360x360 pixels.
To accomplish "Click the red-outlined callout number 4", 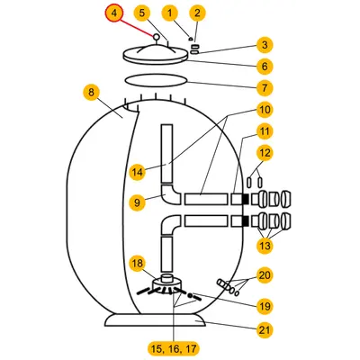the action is pyautogui.click(x=114, y=13).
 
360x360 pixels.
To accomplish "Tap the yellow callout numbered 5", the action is pyautogui.click(x=142, y=13).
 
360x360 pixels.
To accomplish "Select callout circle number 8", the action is pyautogui.click(x=91, y=93).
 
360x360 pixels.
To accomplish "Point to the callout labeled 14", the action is pyautogui.click(x=138, y=172).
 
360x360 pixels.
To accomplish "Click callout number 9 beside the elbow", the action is pyautogui.click(x=137, y=202).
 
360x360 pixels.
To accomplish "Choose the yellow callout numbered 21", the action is pyautogui.click(x=265, y=329).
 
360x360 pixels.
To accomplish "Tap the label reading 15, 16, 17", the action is pyautogui.click(x=174, y=348).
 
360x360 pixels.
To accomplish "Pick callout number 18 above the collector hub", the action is pyautogui.click(x=138, y=264).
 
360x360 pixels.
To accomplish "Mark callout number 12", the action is pyautogui.click(x=265, y=153).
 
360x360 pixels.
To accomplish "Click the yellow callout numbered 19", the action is pyautogui.click(x=265, y=306).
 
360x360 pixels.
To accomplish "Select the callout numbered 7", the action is pyautogui.click(x=265, y=88).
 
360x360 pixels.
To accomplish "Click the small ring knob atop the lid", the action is pyautogui.click(x=156, y=37).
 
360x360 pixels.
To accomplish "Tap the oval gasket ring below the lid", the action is pyautogui.click(x=156, y=80).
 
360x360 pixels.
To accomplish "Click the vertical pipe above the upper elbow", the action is pyautogui.click(x=166, y=154).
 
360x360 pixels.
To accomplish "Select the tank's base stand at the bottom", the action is pyautogui.click(x=156, y=320).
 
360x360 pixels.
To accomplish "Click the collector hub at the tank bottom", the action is pyautogui.click(x=167, y=283).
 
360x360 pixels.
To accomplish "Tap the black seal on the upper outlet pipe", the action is pyautogui.click(x=246, y=199).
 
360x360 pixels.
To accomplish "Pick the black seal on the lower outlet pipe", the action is pyautogui.click(x=246, y=220).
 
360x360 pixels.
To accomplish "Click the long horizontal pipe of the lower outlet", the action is pyautogui.click(x=206, y=220).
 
